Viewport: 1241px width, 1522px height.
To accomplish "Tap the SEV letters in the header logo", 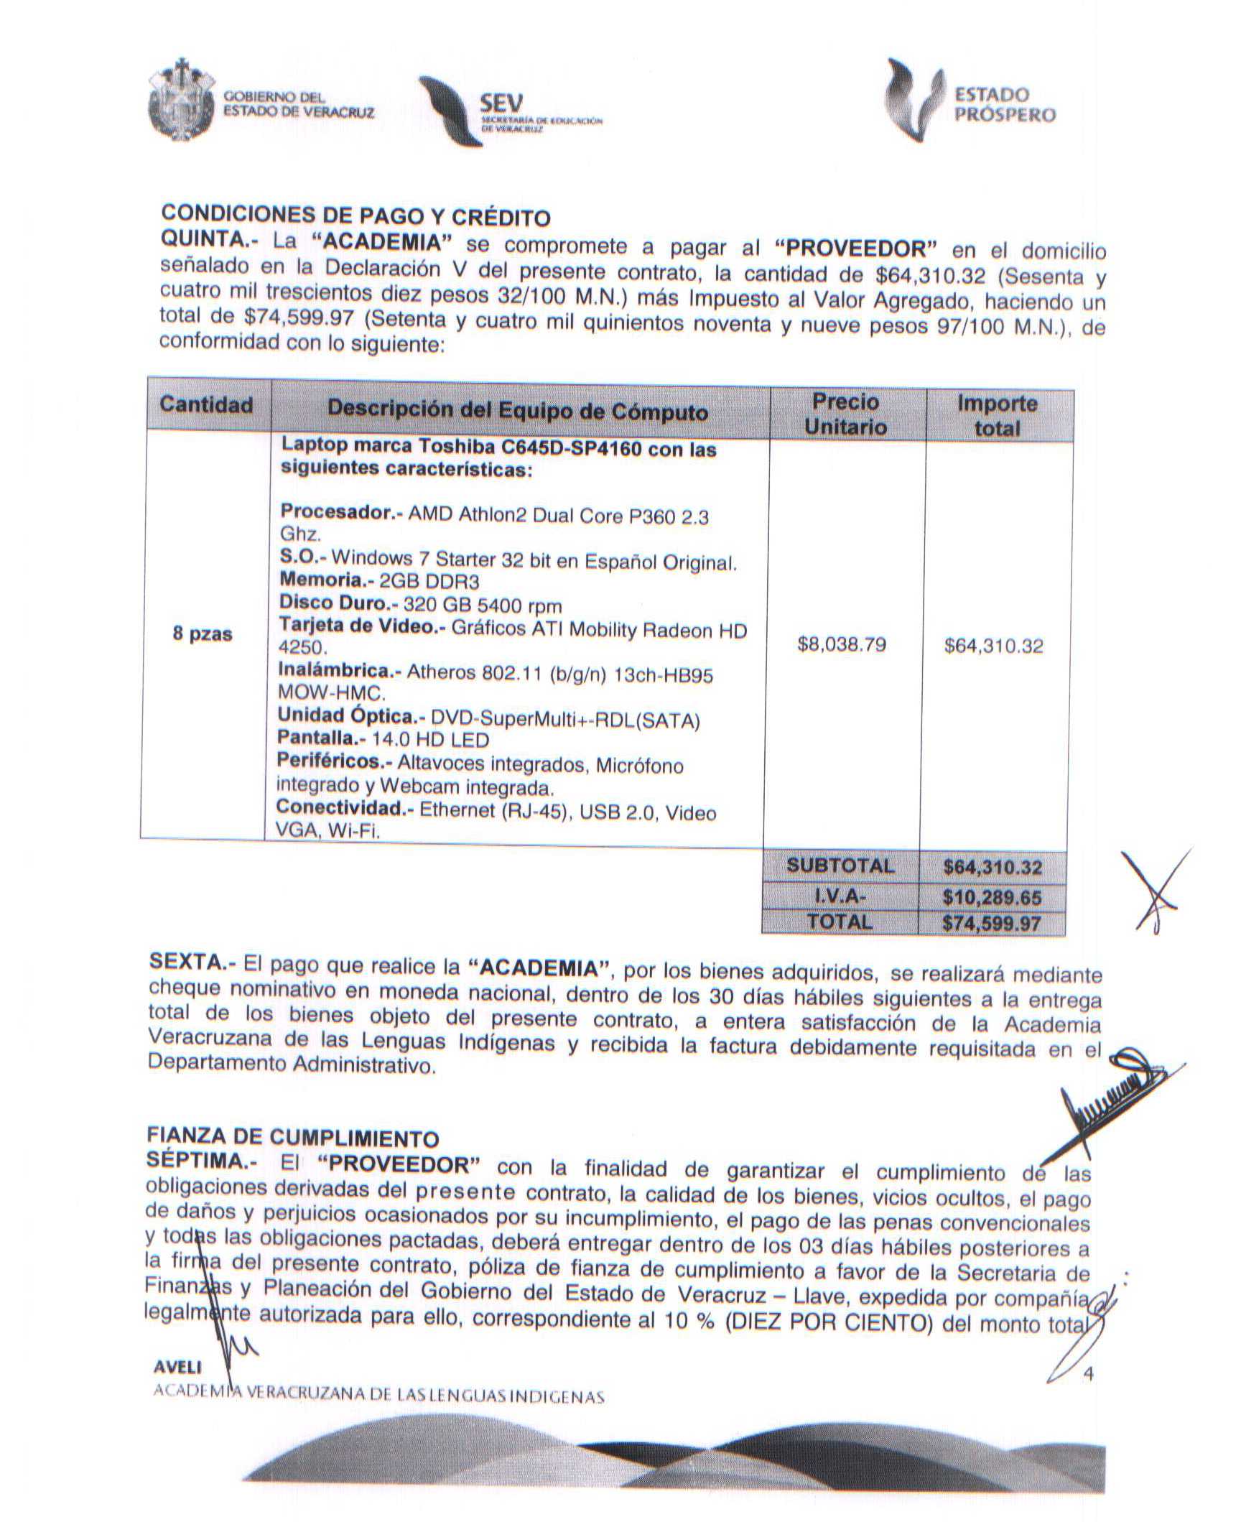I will (502, 103).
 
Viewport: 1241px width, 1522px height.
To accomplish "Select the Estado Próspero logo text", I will (1005, 105).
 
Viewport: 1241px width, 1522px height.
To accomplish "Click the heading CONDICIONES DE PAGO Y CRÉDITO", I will (355, 215).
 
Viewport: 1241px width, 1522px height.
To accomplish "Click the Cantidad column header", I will (206, 404).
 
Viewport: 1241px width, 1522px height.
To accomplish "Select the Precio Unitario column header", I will (845, 414).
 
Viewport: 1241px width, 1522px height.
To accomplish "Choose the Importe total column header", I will (997, 416).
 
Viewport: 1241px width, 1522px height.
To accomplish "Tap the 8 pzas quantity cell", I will (203, 634).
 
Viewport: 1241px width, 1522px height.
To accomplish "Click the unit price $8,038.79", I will (842, 644).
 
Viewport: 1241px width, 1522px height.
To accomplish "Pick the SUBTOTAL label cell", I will (840, 866).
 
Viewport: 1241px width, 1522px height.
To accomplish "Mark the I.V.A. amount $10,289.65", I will (991, 897).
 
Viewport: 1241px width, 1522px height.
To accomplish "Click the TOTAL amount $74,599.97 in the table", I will (991, 923).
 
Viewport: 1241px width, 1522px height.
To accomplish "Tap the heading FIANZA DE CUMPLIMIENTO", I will (292, 1137).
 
